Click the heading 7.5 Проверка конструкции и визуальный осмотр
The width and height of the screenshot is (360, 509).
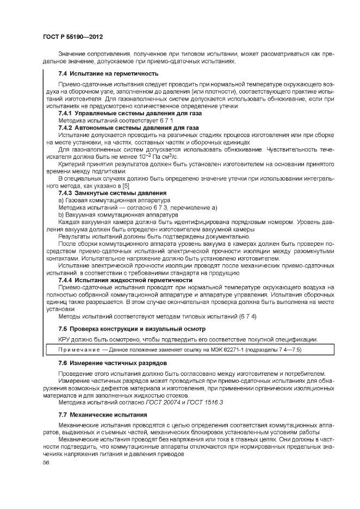(132, 328)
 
